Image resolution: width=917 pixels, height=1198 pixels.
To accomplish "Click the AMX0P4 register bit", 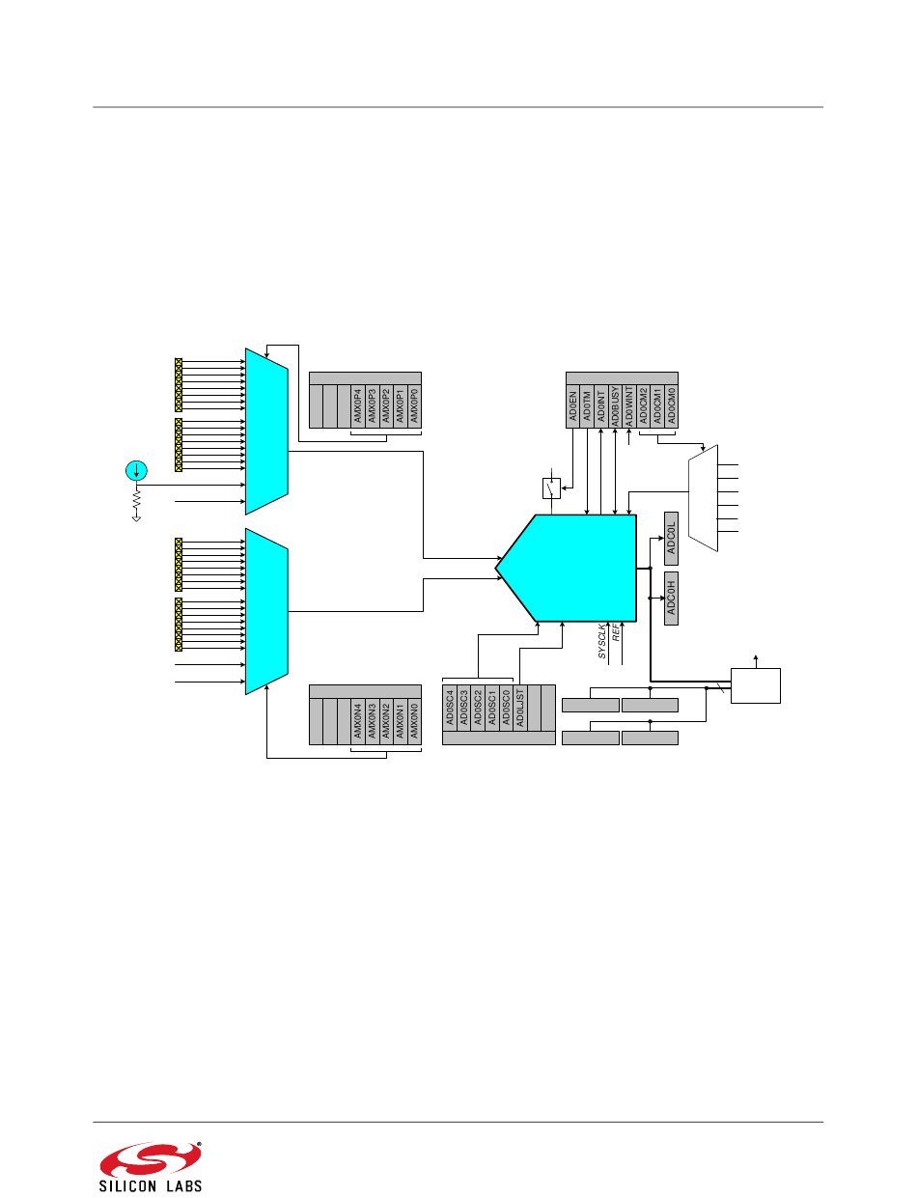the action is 358,406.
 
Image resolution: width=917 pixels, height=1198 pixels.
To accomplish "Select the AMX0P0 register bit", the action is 414,406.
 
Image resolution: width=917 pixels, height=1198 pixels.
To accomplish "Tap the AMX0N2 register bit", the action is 386,721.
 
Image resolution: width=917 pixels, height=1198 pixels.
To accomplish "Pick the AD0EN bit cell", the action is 573,406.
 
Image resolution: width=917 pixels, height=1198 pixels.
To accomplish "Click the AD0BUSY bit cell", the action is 616,406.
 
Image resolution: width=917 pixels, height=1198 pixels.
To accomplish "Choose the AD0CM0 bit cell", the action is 671,406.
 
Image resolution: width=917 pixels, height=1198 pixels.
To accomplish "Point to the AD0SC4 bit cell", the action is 450,708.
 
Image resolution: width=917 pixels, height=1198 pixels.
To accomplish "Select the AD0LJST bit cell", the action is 520,708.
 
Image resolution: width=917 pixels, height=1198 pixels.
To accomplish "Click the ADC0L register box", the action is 671,539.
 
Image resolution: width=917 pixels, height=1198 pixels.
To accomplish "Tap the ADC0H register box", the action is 671,599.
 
